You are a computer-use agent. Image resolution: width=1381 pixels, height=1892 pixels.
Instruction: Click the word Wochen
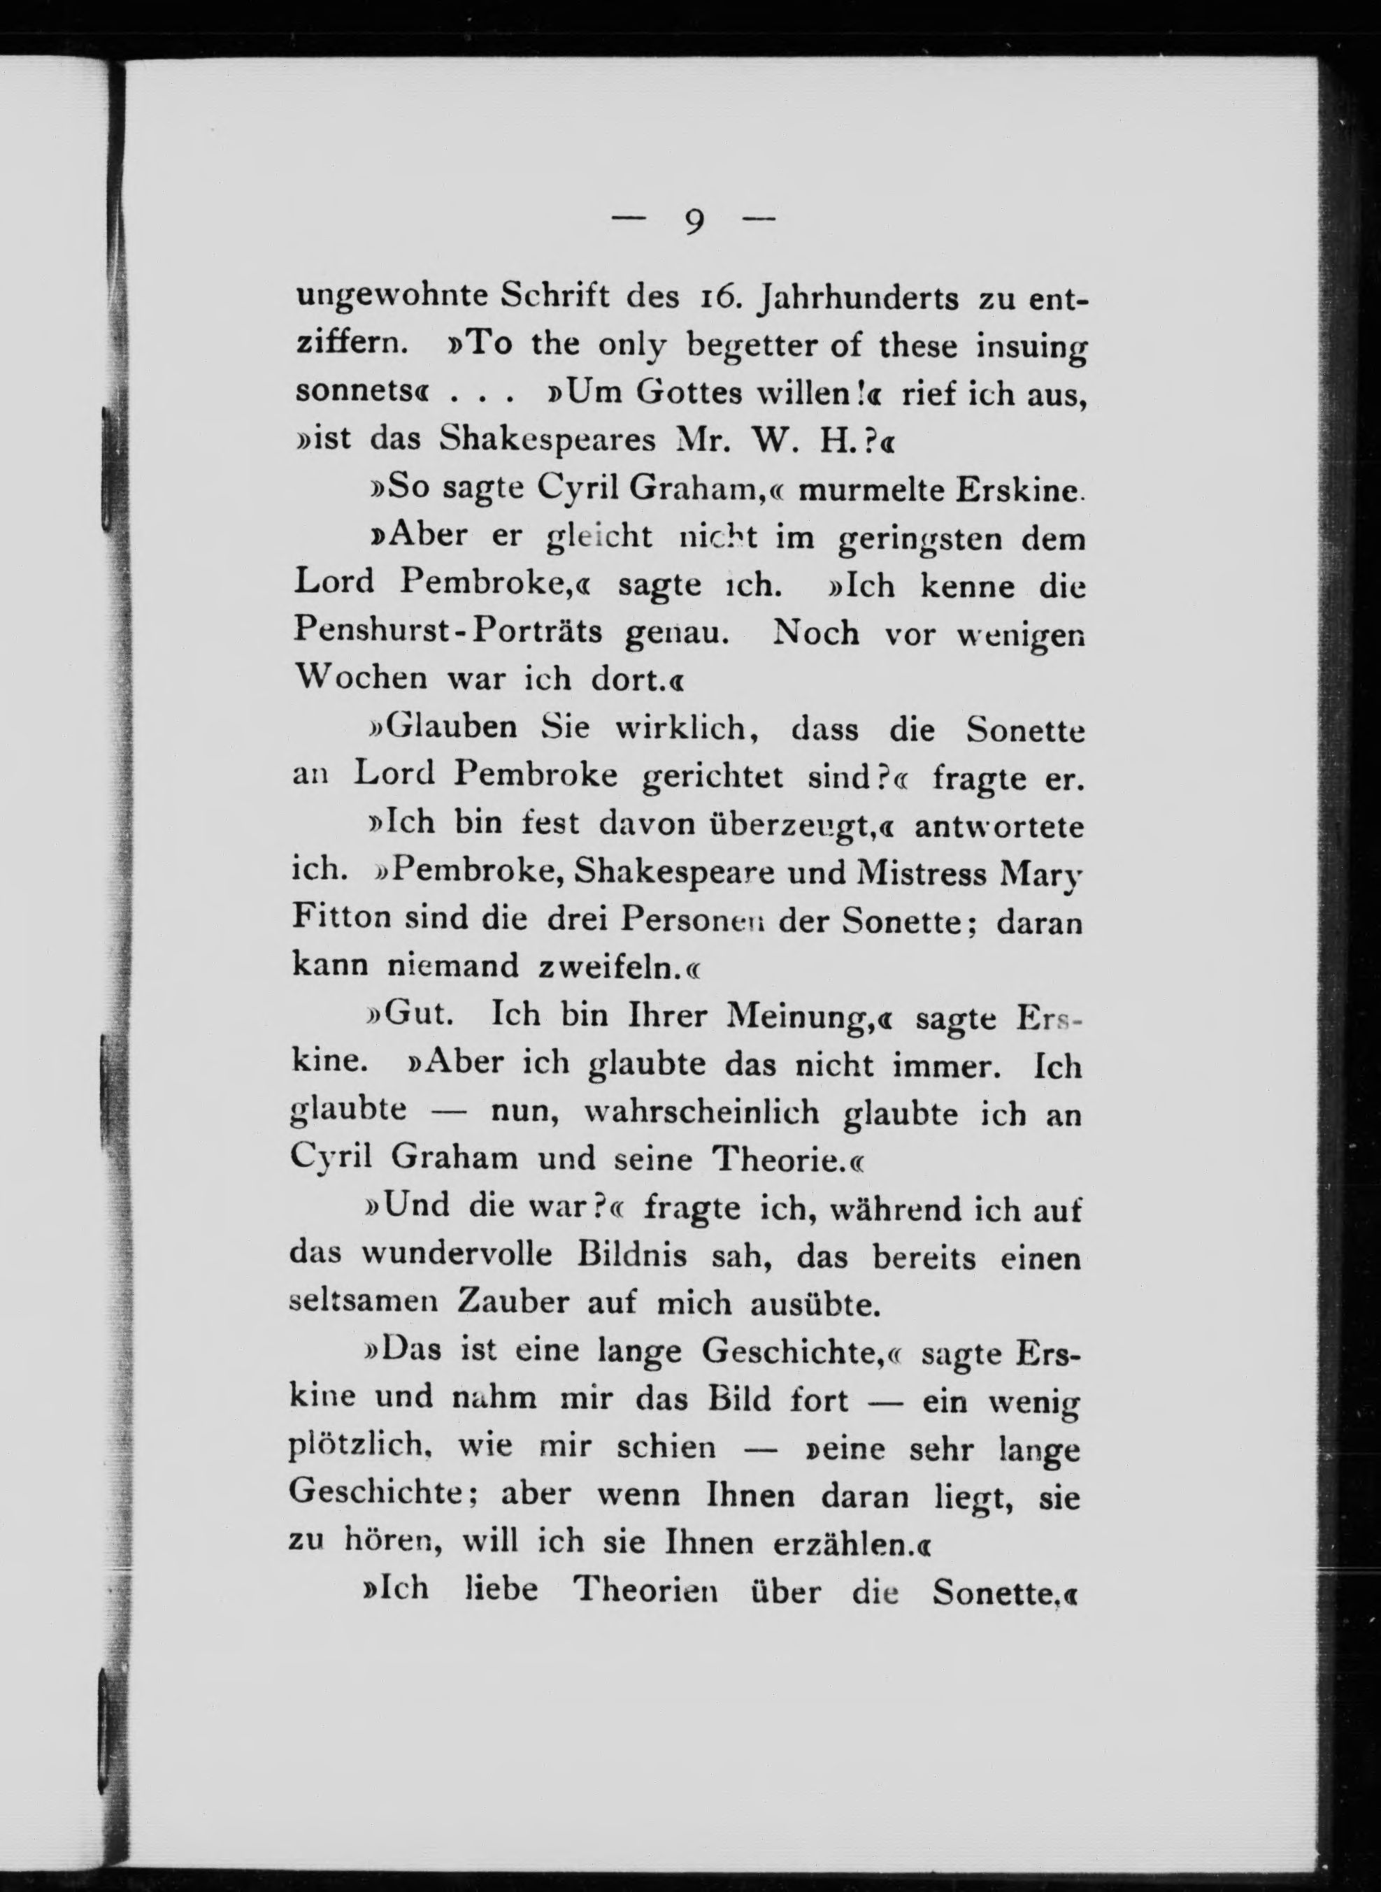[x=361, y=679]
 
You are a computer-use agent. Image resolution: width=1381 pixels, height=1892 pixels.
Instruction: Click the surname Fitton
[x=341, y=919]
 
